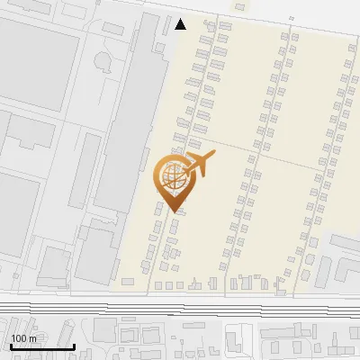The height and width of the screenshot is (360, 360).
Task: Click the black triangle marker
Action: click(x=181, y=24)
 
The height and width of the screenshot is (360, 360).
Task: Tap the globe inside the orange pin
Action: click(x=172, y=176)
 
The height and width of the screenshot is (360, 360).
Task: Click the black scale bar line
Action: click(x=42, y=346)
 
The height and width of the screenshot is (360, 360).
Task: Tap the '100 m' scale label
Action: click(x=23, y=337)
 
